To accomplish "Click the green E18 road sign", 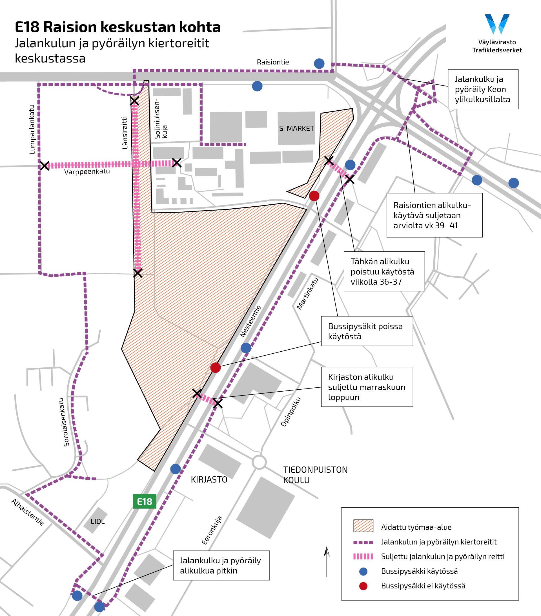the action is pos(145,501).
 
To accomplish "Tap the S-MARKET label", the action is pos(296,129).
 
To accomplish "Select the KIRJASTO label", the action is pos(209,479).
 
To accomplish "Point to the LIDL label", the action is pos(98,521).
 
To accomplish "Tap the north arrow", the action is pos(327,561).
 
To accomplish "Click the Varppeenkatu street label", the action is pos(87,171).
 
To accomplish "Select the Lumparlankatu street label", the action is pos(32,130).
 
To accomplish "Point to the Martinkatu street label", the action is pos(307,293).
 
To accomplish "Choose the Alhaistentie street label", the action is pos(27,512).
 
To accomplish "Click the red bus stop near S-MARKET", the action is pos(314,196).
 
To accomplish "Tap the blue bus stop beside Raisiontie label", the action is pos(319,64).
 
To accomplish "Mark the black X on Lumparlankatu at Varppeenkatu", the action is pos(45,166).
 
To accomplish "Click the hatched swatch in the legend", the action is pos(363,526).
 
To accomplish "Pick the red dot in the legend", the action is pos(363,586).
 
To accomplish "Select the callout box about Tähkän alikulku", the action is pos(384,271).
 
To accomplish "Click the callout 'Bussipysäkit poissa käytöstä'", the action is pos(367,331).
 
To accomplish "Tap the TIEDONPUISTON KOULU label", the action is pos(315,475).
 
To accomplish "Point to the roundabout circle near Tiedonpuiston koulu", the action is pos(259,462).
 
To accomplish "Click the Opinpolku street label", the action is pos(291,412).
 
